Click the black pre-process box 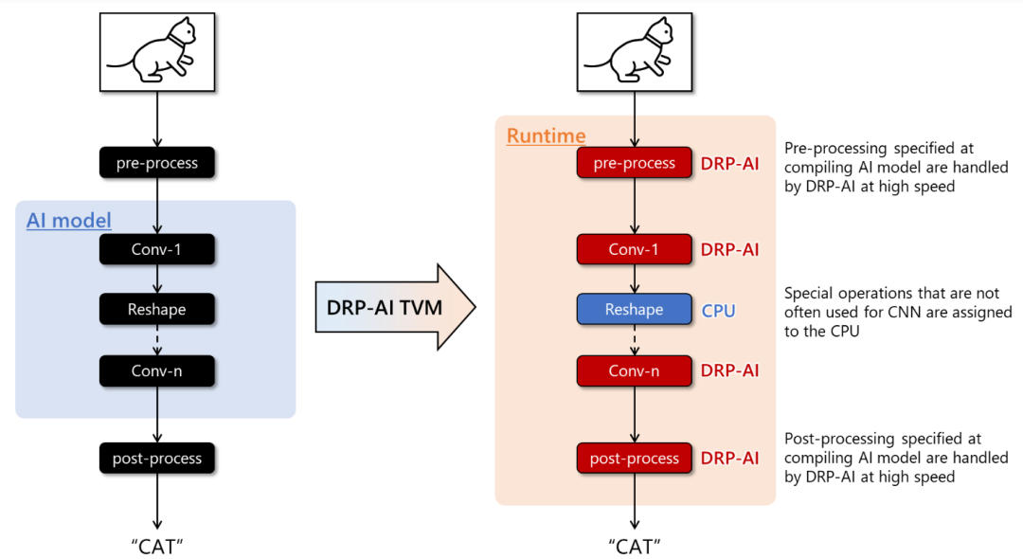[x=157, y=163]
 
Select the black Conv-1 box [x=157, y=250]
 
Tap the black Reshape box [x=157, y=310]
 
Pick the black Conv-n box [x=157, y=370]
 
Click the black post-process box [x=157, y=459]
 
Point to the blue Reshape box [x=635, y=310]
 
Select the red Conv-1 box [x=635, y=250]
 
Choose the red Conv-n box [x=635, y=370]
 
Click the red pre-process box [x=635, y=163]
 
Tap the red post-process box [x=635, y=459]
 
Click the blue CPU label [x=718, y=311]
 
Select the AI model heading [x=68, y=221]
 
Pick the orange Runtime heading [x=546, y=136]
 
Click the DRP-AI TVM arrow [x=393, y=309]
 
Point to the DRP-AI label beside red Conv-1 [x=729, y=250]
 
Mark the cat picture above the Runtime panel [x=635, y=52]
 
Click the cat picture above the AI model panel [x=157, y=52]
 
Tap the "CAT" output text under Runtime [x=635, y=546]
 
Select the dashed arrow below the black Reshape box [x=157, y=339]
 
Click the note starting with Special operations [x=898, y=313]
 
